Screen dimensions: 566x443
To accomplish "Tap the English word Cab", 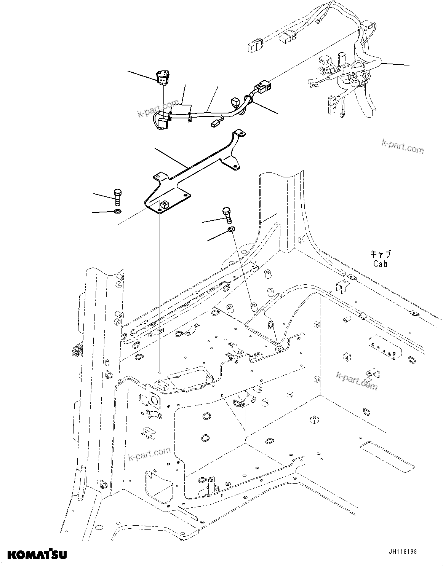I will [x=380, y=263].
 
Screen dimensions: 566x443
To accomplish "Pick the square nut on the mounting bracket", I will [x=164, y=205].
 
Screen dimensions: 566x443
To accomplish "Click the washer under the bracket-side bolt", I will [x=118, y=211].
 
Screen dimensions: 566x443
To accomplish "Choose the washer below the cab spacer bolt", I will [x=231, y=229].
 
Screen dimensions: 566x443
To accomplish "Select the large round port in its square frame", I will [x=155, y=400].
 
